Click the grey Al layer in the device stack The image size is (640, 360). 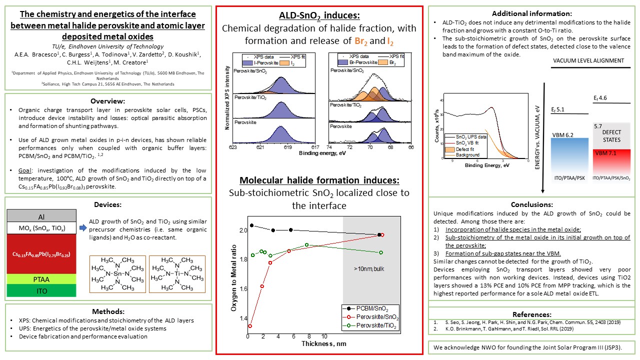[41, 217]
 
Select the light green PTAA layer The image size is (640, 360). [41, 278]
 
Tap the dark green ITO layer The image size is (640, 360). [41, 290]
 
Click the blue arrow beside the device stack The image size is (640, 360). [82, 228]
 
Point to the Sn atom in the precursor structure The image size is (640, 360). [117, 274]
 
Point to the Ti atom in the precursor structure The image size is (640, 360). [177, 274]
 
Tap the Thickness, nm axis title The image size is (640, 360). [323, 344]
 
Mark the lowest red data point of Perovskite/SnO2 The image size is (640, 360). [250, 326]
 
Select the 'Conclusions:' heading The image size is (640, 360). [531, 204]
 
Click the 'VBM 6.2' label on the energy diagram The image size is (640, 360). [562, 134]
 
